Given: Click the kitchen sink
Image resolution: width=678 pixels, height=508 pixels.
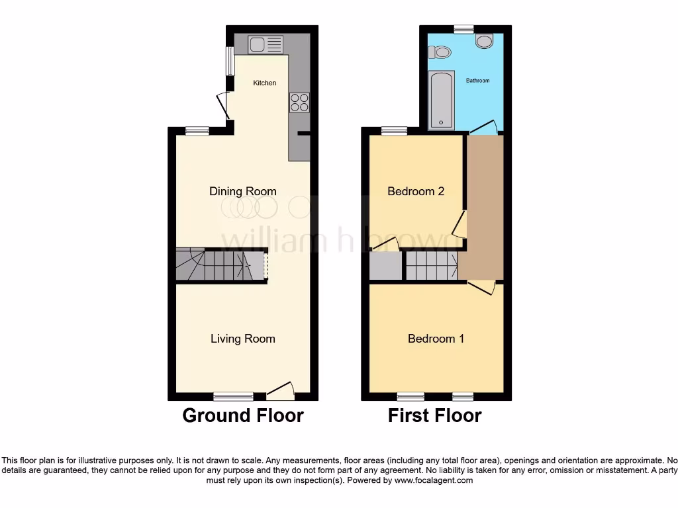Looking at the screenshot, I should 265,45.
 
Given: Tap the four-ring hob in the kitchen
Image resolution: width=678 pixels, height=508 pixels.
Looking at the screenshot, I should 299,103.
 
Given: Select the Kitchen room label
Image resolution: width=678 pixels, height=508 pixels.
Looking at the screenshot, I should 265,83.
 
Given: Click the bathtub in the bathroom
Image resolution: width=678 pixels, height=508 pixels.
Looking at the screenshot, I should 440,101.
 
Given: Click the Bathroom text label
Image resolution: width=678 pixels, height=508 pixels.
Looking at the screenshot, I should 477,81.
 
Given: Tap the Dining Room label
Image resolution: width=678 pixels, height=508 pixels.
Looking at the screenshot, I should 243,191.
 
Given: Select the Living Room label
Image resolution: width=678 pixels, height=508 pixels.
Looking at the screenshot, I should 243,339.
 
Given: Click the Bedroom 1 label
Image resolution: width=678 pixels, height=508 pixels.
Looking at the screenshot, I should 436,339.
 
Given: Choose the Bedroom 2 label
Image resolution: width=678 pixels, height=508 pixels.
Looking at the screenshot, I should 416,191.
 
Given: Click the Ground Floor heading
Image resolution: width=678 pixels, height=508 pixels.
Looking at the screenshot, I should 243,415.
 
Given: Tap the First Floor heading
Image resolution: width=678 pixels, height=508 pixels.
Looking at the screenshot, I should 434,415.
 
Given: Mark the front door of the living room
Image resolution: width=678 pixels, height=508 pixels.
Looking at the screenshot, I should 281,392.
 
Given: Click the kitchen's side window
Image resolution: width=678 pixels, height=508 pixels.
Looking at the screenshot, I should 230,62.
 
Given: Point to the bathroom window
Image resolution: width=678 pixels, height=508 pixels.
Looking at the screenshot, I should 463,28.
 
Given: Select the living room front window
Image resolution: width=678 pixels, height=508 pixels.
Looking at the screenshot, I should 233,396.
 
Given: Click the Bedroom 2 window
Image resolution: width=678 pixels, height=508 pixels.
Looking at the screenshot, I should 395,130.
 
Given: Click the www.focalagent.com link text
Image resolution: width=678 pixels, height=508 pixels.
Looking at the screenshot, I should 434,480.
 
